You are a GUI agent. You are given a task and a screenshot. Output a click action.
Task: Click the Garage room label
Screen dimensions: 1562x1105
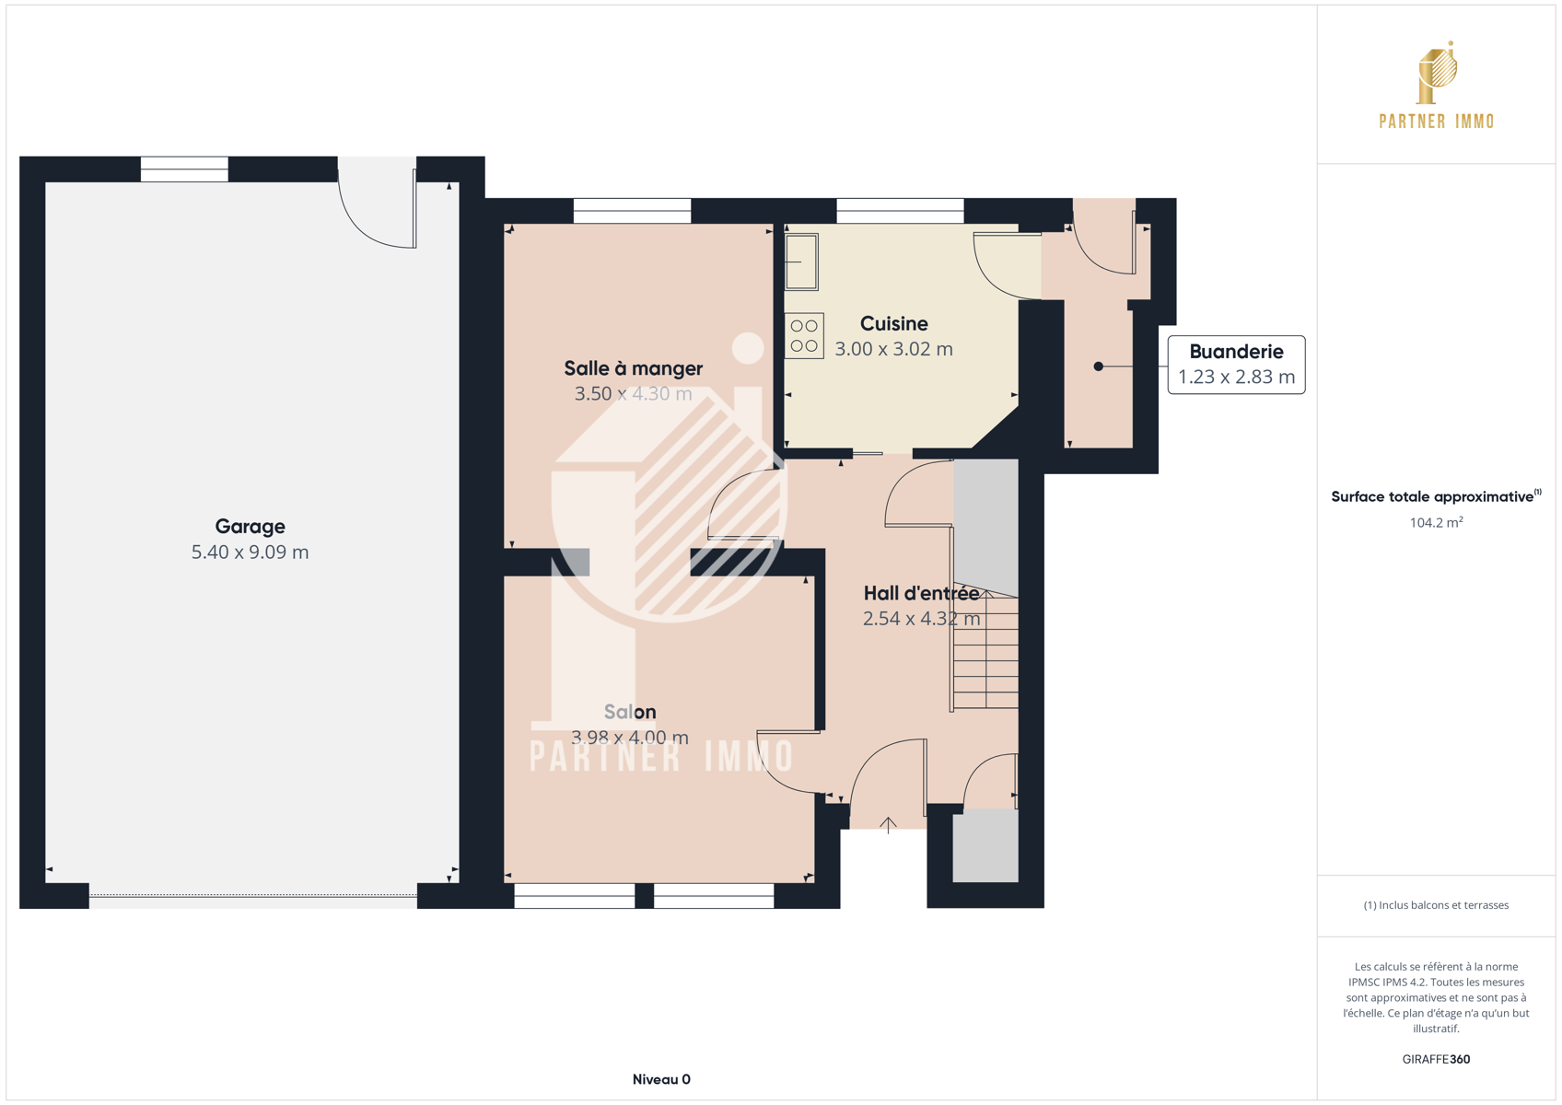(x=250, y=527)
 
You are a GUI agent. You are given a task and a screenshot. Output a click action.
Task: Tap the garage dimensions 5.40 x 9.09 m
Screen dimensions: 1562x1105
(x=250, y=552)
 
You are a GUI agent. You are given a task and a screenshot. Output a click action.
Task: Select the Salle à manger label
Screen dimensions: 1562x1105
(x=633, y=369)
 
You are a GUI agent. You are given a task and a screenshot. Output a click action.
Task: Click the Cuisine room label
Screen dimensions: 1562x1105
(x=894, y=323)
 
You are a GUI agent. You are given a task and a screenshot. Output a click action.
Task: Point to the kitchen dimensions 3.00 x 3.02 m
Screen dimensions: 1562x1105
(x=894, y=349)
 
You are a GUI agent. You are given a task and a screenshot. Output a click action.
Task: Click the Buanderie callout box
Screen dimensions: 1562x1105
(x=1236, y=365)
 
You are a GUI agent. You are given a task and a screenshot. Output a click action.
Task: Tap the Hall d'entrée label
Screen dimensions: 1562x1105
(x=921, y=593)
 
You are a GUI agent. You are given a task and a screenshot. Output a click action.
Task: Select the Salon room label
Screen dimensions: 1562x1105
(x=630, y=712)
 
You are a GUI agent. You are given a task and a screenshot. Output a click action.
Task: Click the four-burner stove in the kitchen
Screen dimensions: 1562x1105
(x=804, y=335)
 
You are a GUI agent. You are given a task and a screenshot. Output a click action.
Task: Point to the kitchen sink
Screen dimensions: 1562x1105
(x=802, y=262)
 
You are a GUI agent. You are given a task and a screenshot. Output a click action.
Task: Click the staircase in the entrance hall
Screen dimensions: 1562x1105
(x=985, y=646)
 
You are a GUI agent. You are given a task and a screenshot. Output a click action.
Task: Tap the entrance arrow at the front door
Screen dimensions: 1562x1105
(x=888, y=825)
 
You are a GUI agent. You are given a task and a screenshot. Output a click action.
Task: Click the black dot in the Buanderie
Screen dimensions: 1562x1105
(x=1098, y=366)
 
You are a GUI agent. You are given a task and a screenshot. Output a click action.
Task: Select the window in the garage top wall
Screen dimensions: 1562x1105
(x=184, y=169)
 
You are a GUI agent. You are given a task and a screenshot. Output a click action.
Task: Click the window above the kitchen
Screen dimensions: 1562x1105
(x=900, y=211)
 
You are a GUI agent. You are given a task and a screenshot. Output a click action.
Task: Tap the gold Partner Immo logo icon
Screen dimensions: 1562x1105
(x=1437, y=73)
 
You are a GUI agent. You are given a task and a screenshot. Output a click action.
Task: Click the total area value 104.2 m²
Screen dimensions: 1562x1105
(x=1436, y=522)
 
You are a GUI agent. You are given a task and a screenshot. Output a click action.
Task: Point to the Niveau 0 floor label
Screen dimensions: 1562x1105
(x=661, y=1079)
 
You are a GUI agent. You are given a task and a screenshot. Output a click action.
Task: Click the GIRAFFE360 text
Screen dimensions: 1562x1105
(x=1436, y=1059)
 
